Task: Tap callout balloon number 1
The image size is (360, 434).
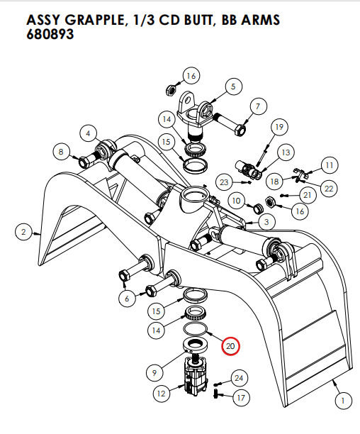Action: (343, 401)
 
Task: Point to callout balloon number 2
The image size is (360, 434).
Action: (23, 231)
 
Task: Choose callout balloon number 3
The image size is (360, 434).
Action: (266, 222)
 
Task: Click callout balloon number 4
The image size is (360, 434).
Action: (88, 133)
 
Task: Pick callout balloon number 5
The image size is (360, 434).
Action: (231, 87)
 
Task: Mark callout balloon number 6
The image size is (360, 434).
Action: (126, 299)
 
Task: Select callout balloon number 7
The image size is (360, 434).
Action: (258, 107)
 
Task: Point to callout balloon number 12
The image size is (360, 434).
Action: (162, 391)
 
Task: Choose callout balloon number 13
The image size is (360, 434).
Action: (285, 152)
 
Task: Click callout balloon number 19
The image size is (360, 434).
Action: (279, 127)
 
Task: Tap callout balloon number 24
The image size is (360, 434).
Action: (239, 378)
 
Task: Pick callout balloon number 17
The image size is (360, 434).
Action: (240, 398)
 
